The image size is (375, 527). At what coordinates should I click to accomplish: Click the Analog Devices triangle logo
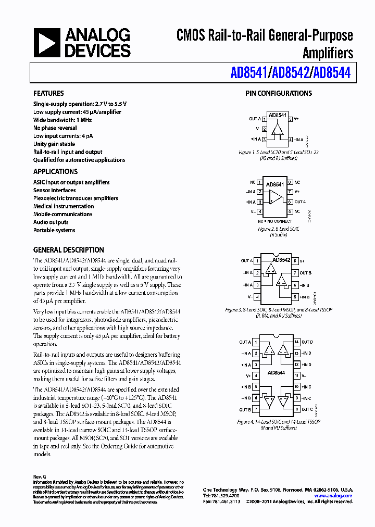point(46,43)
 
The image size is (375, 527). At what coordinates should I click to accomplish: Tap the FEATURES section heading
point(48,94)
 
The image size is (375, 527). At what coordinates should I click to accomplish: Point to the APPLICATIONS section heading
point(55,172)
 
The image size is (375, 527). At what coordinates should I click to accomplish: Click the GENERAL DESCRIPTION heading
point(68,250)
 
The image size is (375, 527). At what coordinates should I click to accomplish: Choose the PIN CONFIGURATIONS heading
point(279,94)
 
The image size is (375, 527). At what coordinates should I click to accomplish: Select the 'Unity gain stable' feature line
point(54,144)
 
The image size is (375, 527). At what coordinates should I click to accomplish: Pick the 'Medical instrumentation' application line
point(64,206)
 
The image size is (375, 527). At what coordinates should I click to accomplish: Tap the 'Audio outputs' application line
point(51,222)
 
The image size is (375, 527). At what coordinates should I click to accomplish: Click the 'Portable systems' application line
point(54,230)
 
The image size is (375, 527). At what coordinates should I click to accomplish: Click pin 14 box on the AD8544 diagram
point(296,342)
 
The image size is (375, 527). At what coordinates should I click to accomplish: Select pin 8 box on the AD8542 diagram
point(295,261)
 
